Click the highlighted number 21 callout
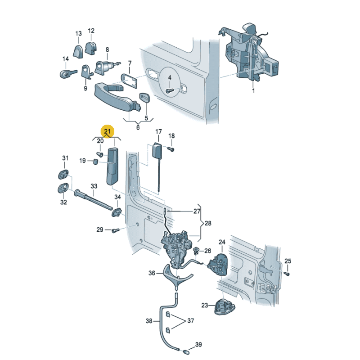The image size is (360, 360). coord(108,131)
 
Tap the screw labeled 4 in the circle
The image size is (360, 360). coord(169,91)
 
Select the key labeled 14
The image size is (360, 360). coord(68,74)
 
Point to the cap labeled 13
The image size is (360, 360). coord(78,52)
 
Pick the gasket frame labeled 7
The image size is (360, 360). coord(129,81)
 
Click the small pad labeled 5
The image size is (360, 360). coord(144,98)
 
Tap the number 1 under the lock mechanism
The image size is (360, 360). coord(253,91)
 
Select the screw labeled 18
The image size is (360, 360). coord(171,149)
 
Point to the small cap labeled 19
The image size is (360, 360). coord(95,162)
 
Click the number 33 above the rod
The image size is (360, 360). coord(94,186)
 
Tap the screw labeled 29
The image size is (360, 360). coord(116,230)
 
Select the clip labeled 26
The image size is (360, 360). coord(196,251)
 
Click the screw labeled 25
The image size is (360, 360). coord(286,273)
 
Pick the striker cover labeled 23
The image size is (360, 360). coord(225,306)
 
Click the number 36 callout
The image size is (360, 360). coord(152,273)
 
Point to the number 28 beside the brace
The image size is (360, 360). coord(208,223)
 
